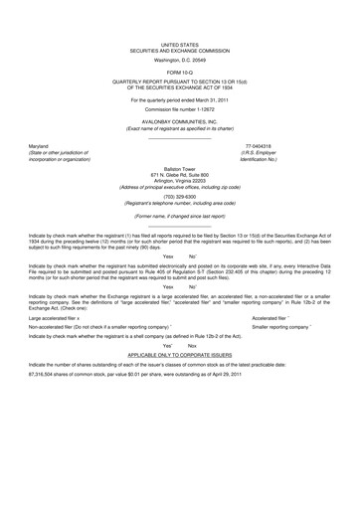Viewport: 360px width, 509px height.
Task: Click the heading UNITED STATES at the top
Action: pos(180,45)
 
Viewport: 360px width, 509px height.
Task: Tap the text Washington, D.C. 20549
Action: pos(180,60)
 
